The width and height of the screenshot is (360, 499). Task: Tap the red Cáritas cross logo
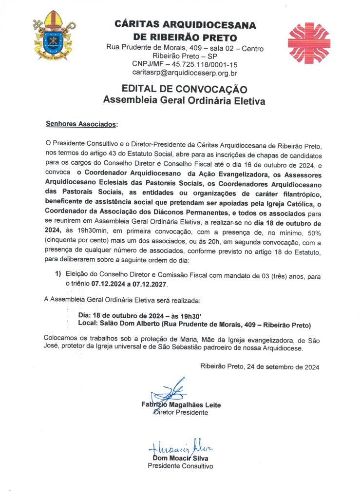pos(309,43)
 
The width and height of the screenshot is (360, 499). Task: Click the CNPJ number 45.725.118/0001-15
pos(198,64)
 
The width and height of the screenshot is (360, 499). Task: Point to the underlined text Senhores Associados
pos(81,124)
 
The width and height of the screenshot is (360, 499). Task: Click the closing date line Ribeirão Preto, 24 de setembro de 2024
pos(260,367)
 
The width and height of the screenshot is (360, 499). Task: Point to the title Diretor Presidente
pos(180,412)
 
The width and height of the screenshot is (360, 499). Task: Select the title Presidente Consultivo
pos(180,466)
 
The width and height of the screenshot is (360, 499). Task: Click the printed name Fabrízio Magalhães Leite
pos(181,405)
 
